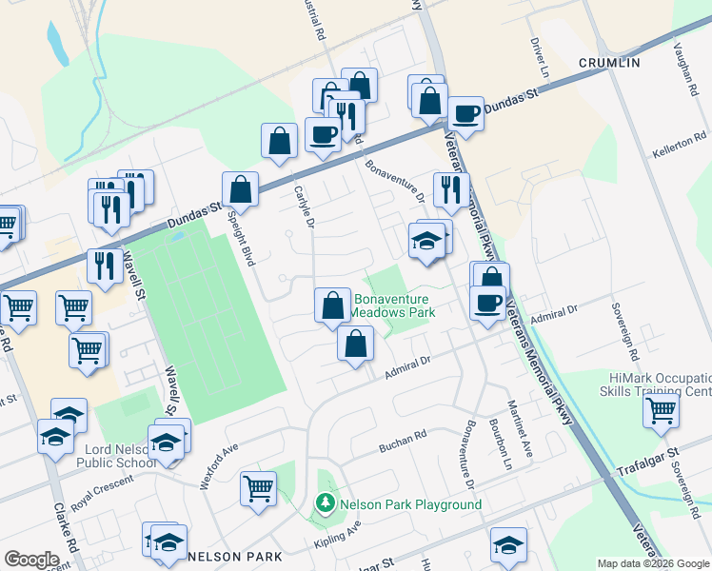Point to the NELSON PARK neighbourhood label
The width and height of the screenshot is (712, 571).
[234, 556]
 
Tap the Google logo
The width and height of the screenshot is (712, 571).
[31, 559]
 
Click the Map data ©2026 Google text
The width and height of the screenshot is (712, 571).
[653, 563]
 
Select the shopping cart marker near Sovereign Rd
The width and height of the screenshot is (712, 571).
[661, 410]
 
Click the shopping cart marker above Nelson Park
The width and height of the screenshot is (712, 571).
[259, 488]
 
